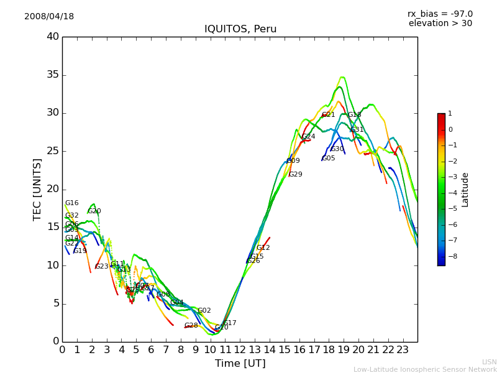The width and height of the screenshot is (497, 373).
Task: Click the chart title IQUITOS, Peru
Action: pyautogui.click(x=240, y=29)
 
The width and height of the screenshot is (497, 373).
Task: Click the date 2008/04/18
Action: pyautogui.click(x=49, y=17)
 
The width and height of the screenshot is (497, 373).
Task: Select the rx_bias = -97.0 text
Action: pyautogui.click(x=440, y=14)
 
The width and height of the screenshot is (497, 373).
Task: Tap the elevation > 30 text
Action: pyautogui.click(x=440, y=24)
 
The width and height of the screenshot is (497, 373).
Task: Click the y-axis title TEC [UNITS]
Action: pyautogui.click(x=37, y=190)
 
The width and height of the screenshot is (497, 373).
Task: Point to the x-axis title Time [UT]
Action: pyautogui.click(x=240, y=363)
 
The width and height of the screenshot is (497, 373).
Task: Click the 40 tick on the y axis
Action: pyautogui.click(x=53, y=37)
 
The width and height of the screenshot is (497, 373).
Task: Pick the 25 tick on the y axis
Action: pyautogui.click(x=53, y=151)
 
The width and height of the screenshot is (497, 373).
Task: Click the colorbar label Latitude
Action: pyautogui.click(x=465, y=190)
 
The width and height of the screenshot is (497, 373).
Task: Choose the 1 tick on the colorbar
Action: pyautogui.click(x=450, y=114)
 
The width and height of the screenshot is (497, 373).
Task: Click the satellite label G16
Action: pyautogui.click(x=72, y=203)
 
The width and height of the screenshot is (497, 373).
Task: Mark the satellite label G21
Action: pyautogui.click(x=329, y=115)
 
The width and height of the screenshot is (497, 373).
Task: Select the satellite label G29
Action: pyautogui.click(x=296, y=175)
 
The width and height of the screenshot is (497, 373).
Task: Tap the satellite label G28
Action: pyautogui.click(x=191, y=326)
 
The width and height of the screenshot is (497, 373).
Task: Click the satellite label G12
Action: pyautogui.click(x=263, y=248)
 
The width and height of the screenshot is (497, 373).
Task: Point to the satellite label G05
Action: pyautogui.click(x=329, y=159)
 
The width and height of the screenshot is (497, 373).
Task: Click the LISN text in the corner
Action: pyautogui.click(x=489, y=362)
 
